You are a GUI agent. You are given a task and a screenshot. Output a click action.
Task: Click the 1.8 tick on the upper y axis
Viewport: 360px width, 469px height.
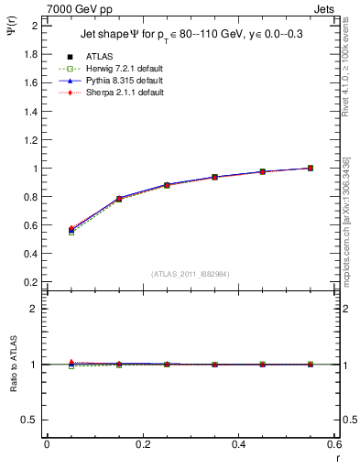tap(31, 54)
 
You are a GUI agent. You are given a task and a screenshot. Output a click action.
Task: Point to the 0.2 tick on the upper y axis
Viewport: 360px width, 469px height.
tap(31, 283)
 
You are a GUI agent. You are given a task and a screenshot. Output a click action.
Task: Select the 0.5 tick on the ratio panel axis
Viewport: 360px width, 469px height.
tap(31, 420)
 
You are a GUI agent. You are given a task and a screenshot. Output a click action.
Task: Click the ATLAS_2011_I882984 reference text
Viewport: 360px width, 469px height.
tap(191, 274)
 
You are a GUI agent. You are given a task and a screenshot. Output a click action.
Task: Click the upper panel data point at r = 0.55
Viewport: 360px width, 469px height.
tap(311, 169)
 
